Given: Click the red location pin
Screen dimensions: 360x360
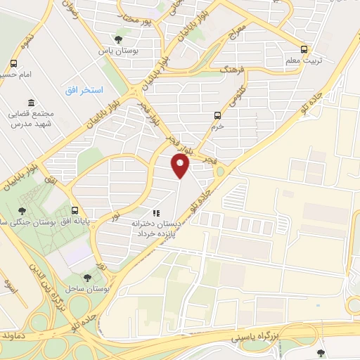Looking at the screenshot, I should [181, 166].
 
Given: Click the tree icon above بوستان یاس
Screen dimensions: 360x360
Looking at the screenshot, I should [118, 39].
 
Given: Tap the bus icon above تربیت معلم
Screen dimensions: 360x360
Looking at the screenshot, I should [304, 49].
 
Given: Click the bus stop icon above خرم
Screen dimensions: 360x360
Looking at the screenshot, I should [217, 115].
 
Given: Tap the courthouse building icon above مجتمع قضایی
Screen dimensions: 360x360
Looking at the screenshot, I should [30, 103].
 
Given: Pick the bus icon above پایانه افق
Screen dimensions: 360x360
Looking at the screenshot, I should [75, 210].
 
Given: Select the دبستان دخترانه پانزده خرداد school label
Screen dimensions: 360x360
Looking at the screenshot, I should [157, 227].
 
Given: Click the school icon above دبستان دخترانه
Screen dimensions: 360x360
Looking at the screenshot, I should [156, 212].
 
